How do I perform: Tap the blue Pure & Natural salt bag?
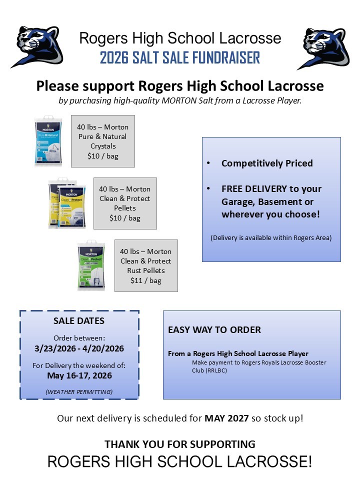(x=48, y=141)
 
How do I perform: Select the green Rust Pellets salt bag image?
(x=91, y=265)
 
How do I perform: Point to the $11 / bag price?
(x=146, y=280)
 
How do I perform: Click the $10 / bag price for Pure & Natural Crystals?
(x=102, y=156)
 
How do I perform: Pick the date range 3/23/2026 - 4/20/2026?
(x=79, y=348)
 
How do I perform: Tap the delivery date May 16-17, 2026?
(x=79, y=375)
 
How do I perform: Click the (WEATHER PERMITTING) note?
(x=79, y=391)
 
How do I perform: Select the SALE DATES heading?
(x=79, y=320)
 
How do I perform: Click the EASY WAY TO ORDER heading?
(x=214, y=330)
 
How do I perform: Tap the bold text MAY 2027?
(x=226, y=418)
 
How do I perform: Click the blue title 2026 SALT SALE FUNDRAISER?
(x=180, y=57)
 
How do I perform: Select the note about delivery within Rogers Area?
(x=271, y=237)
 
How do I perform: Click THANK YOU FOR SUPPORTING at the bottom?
(x=180, y=444)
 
